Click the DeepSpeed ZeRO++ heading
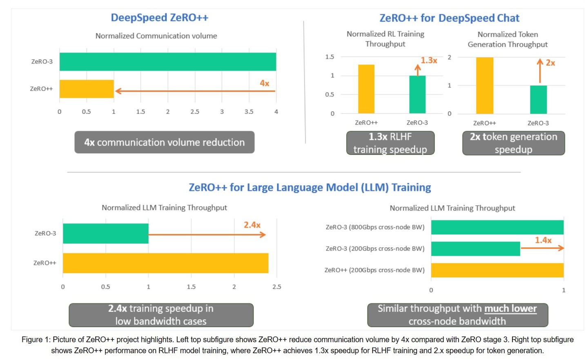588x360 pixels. pos(159,18)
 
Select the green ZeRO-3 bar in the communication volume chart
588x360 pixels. pos(167,62)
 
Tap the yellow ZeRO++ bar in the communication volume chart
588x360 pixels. pos(87,89)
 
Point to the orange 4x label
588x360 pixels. pos(265,83)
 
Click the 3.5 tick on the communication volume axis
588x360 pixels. pos(249,111)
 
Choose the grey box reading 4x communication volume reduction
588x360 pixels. pos(164,142)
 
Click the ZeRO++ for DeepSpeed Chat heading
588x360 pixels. pos(449,18)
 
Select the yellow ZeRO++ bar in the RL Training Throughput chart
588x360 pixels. pos(366,89)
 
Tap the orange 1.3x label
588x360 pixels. pos(429,60)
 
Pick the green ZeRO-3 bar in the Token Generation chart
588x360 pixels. pos(538,100)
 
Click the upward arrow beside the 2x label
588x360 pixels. pos(540,71)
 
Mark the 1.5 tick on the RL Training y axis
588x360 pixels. pos(330,57)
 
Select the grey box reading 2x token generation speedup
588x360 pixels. pos(513,143)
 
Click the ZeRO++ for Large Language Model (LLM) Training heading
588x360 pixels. pos(310,187)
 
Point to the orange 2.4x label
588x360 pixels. pos(252,225)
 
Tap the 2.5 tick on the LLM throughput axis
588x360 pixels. pos(276,287)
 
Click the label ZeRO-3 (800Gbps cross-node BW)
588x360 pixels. pos(375,227)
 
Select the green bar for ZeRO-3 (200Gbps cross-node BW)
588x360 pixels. pos(475,249)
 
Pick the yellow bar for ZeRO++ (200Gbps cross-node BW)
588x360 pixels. pos(497,270)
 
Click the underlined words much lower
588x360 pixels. pos(510,309)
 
